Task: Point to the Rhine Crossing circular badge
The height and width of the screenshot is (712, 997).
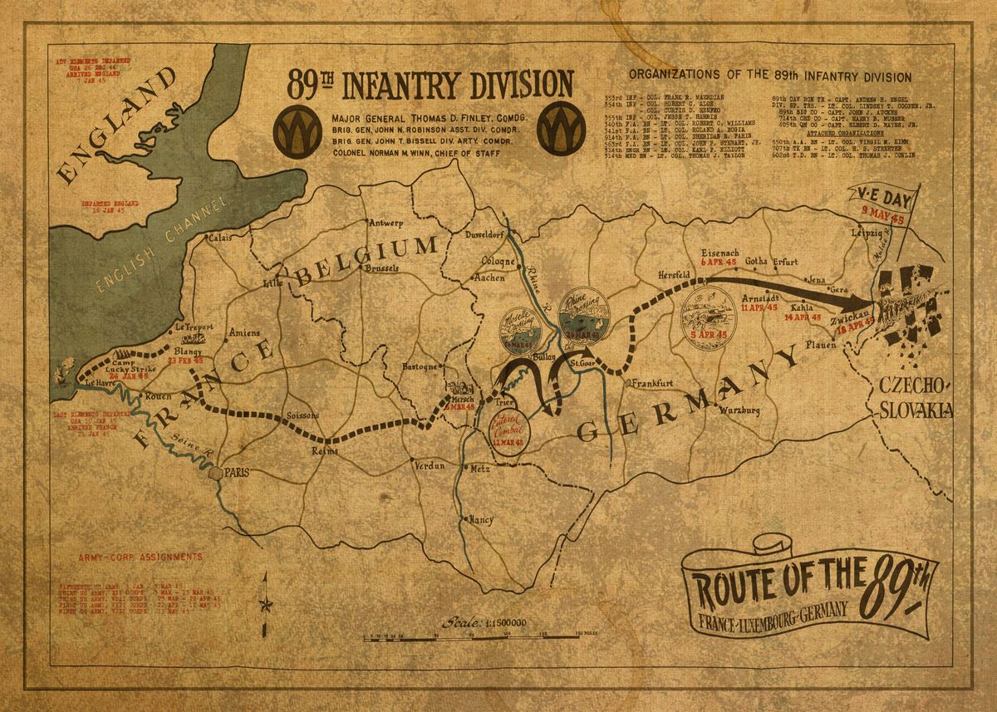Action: [584, 317]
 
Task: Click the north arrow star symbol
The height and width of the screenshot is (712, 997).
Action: [267, 602]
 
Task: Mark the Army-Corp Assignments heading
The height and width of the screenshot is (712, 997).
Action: [138, 557]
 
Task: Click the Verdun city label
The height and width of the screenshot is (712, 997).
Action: [430, 466]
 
